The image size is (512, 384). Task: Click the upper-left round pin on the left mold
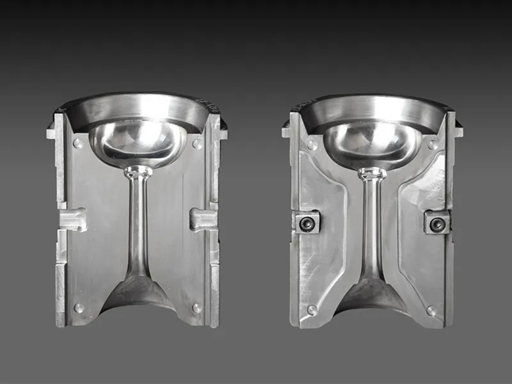click(x=77, y=143)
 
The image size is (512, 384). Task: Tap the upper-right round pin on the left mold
click(x=197, y=144)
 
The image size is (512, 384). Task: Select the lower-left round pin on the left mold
click(x=78, y=308)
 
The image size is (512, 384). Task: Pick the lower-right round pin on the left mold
click(x=196, y=308)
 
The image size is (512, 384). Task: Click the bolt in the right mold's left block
click(x=307, y=223)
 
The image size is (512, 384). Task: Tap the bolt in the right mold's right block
click(x=437, y=223)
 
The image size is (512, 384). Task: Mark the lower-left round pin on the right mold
click(x=312, y=310)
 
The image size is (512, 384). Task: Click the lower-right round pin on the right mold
click(x=431, y=310)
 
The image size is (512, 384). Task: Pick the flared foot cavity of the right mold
click(x=372, y=294)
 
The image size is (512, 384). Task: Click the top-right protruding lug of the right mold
click(x=458, y=131)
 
